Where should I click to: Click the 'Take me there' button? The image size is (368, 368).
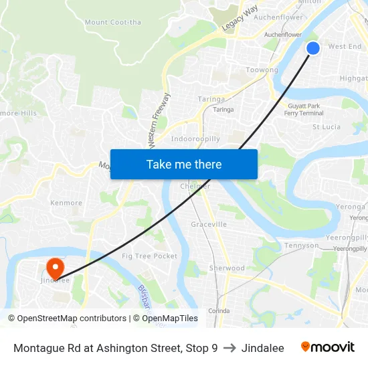point(184,164)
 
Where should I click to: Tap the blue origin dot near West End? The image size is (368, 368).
point(313,48)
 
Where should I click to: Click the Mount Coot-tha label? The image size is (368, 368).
point(113,22)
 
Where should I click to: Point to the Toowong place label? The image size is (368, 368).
point(262,70)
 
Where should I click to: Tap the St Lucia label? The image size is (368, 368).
point(327,126)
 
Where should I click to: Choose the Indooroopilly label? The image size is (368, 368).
point(195,139)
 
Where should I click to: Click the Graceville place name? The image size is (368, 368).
point(209,224)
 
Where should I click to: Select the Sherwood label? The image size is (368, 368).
point(227,268)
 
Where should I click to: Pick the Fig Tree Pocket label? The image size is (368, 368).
point(150,256)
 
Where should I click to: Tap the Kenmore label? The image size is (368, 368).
point(66,203)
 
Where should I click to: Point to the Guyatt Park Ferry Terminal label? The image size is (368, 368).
point(304,110)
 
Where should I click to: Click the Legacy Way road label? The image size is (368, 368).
point(240,19)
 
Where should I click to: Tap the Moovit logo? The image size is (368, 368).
point(328,347)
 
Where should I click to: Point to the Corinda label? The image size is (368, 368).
point(218,311)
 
